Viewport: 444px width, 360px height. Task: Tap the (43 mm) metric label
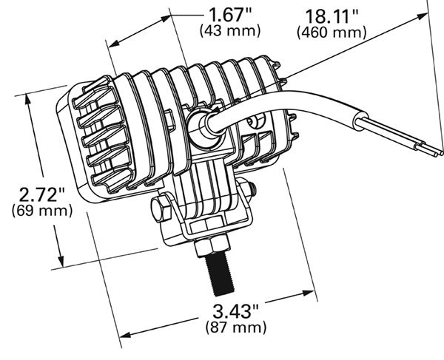click(x=230, y=30)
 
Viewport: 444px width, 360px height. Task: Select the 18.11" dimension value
click(x=331, y=16)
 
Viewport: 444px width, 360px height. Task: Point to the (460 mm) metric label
click(x=331, y=33)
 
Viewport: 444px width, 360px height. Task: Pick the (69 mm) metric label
click(x=42, y=211)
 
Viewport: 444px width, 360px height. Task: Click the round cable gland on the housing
click(x=201, y=129)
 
